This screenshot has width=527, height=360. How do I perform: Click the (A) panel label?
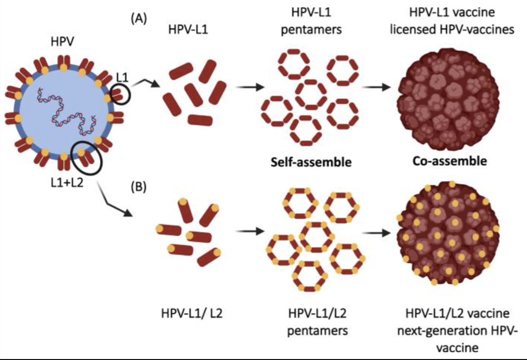click(139, 19)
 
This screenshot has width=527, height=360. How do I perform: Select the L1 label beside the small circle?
click(122, 77)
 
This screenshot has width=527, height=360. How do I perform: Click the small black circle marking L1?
click(120, 93)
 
